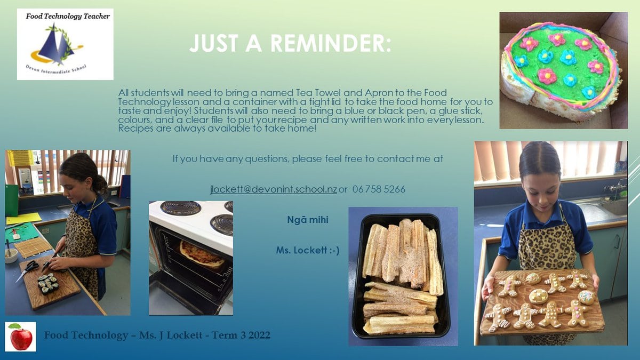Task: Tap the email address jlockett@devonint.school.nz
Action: tap(273, 189)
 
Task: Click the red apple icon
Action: tap(21, 337)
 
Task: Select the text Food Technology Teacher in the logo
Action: tap(68, 16)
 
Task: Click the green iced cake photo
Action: tap(563, 70)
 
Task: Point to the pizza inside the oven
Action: tap(201, 254)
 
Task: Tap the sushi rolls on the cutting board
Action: tap(47, 282)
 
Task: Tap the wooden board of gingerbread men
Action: tap(541, 302)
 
